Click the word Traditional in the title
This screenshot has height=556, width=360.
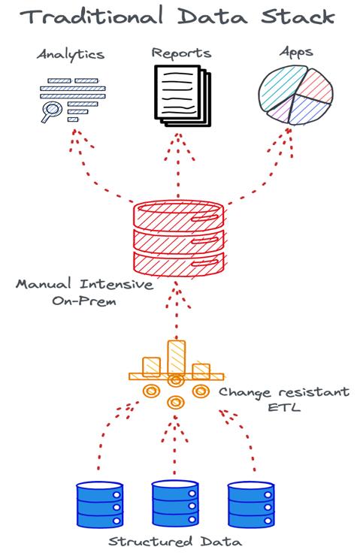coord(92,16)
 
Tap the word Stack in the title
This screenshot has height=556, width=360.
coord(298,17)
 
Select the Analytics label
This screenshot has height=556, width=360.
coord(71,55)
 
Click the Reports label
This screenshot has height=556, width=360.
coord(181,53)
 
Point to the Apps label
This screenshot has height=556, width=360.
coord(296,53)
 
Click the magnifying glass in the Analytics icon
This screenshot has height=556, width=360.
coord(51,111)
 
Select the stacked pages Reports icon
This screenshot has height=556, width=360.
coord(183,95)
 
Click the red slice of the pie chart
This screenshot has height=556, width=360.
coord(318,85)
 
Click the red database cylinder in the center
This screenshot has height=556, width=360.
coord(179,238)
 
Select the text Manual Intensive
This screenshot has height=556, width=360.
coord(85,284)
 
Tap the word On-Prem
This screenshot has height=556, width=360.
coord(84,301)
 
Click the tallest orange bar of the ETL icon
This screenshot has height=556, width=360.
coord(177,358)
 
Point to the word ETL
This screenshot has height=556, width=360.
coord(284,406)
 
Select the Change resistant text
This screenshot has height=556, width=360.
coord(284,391)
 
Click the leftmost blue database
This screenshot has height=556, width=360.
coord(100,504)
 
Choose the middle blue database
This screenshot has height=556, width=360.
coord(175,503)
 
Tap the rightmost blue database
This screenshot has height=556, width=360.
coord(251,504)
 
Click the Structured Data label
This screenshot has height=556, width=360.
coord(175,542)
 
